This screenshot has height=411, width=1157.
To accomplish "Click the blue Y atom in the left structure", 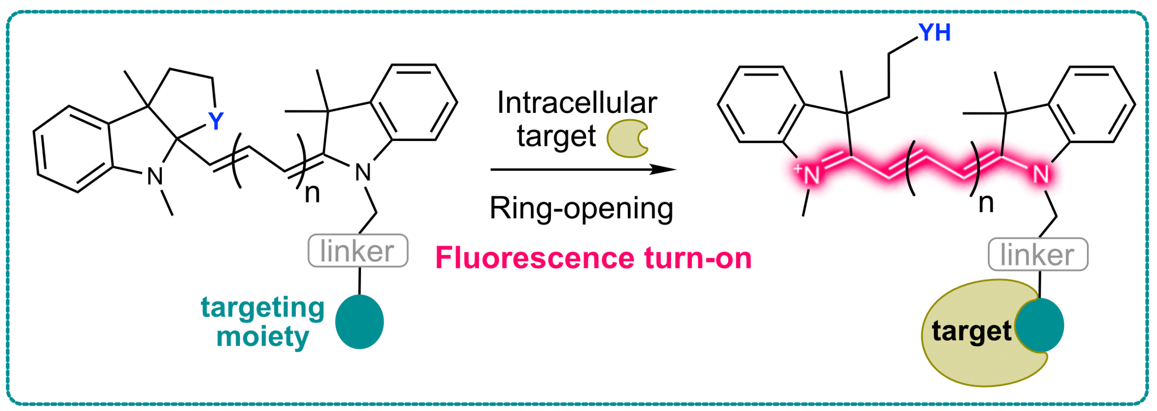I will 216,121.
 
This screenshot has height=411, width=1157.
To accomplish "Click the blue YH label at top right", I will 935,33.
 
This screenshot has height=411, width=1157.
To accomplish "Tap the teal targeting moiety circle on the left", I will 359,322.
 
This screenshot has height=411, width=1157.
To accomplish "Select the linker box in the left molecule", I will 358,251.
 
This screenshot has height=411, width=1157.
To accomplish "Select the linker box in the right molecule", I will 1038,254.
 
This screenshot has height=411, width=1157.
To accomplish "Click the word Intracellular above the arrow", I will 577,103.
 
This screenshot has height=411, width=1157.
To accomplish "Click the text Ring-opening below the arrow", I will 582,208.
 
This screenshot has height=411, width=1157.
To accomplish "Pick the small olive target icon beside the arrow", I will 627,138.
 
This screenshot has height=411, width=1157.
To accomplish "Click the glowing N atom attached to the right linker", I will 1041,174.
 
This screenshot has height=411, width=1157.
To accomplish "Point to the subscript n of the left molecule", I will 312,193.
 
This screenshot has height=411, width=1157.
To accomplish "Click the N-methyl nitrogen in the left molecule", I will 155,176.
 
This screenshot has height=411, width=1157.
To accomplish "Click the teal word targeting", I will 263,308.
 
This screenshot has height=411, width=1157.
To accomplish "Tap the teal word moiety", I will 263,337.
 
